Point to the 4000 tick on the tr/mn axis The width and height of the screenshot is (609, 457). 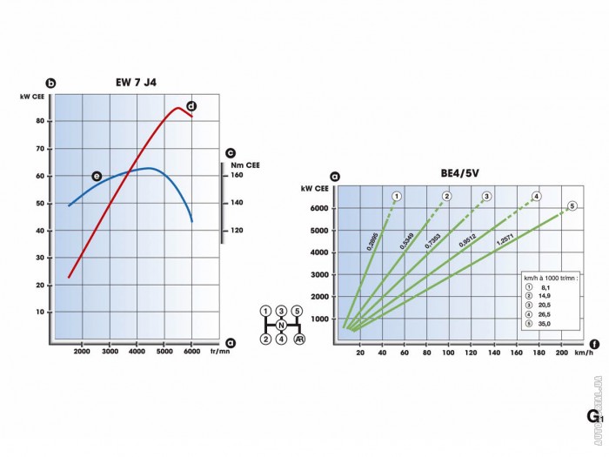pyautogui.click(x=137, y=352)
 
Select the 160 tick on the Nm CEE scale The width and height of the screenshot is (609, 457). pyautogui.click(x=237, y=175)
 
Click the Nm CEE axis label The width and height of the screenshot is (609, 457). pyautogui.click(x=244, y=164)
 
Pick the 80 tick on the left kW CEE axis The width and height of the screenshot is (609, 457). pyautogui.click(x=41, y=121)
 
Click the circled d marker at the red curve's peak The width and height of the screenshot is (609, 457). pyautogui.click(x=191, y=106)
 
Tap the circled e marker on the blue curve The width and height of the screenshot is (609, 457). pyautogui.click(x=97, y=176)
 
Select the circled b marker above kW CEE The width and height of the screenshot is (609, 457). pyautogui.click(x=50, y=83)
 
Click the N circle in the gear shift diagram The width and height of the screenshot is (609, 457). pyautogui.click(x=281, y=325)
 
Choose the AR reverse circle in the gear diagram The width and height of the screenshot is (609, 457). pyautogui.click(x=298, y=339)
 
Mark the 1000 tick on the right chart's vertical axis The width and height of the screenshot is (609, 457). pyautogui.click(x=318, y=319)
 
